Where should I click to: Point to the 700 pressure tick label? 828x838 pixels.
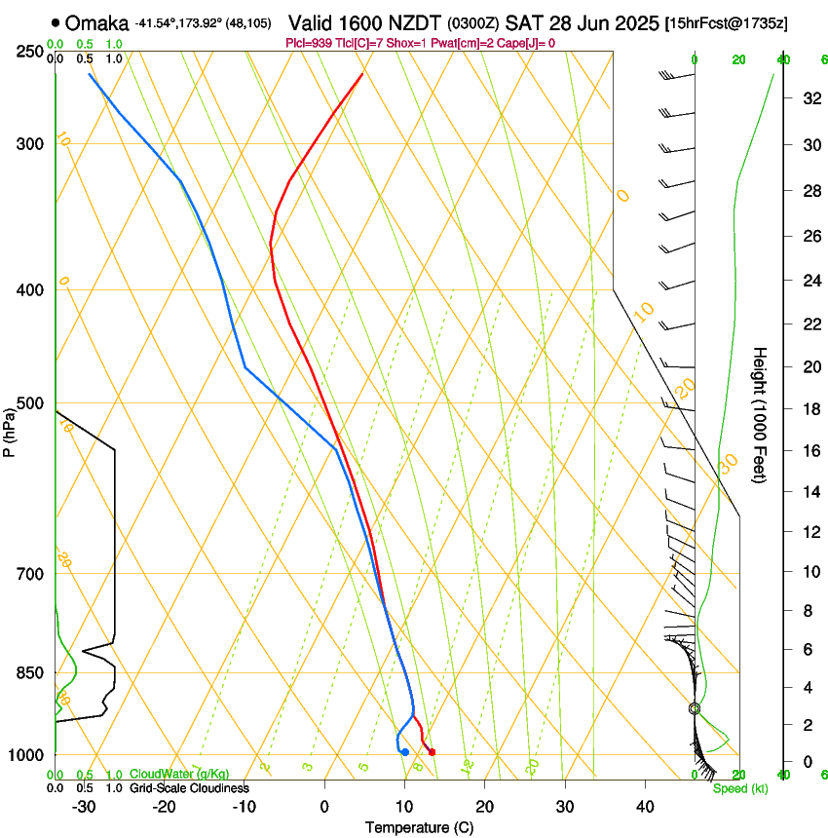coord(29,574)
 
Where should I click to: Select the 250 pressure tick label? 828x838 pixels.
coord(29,51)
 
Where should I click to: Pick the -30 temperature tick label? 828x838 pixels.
coord(84,807)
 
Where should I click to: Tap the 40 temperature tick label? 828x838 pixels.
coord(645,807)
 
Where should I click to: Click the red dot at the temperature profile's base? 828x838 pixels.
coord(432,751)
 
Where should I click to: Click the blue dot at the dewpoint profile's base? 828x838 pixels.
coord(405,751)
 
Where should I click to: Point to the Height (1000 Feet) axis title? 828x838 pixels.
coord(760,414)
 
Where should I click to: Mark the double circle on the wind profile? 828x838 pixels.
coord(695,708)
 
